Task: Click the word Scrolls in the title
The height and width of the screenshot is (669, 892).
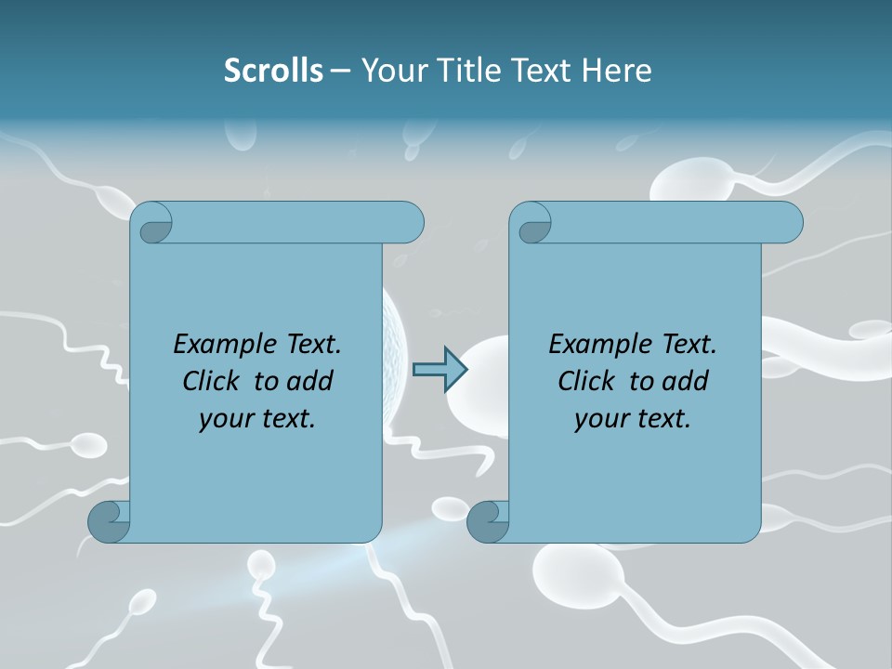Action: [273, 71]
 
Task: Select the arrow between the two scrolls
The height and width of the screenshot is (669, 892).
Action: [439, 370]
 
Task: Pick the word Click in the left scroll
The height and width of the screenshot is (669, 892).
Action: [211, 381]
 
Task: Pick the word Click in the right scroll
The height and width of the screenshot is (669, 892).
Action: [586, 381]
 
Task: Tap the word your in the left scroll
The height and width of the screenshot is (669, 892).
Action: [220, 419]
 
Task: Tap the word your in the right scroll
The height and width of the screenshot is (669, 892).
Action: [596, 419]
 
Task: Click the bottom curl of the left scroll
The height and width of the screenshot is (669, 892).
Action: [108, 521]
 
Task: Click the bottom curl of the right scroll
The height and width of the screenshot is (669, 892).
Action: [487, 521]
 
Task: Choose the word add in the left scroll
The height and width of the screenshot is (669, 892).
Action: [310, 381]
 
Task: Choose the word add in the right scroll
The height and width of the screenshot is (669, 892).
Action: [686, 381]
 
